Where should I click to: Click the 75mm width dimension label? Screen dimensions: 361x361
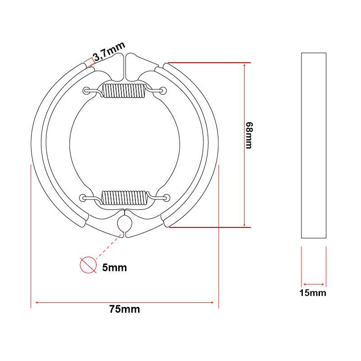coord(125,310)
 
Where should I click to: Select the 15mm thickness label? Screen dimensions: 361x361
coord(313,293)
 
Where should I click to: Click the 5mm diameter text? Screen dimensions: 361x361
coord(115,268)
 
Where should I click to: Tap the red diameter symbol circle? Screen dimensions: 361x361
coord(88,265)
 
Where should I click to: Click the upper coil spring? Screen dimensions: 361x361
coord(123,91)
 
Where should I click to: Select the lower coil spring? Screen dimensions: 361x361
coord(125,197)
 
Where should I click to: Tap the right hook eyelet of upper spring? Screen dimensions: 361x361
coord(162,91)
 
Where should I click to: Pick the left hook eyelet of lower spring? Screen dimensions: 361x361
coord(83,197)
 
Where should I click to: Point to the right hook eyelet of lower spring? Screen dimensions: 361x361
coord(167,197)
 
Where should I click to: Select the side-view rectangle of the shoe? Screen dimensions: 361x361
coord(313,145)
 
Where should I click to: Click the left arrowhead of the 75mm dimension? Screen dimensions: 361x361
coord(33,302)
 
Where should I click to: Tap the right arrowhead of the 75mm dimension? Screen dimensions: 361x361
coord(216,302)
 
